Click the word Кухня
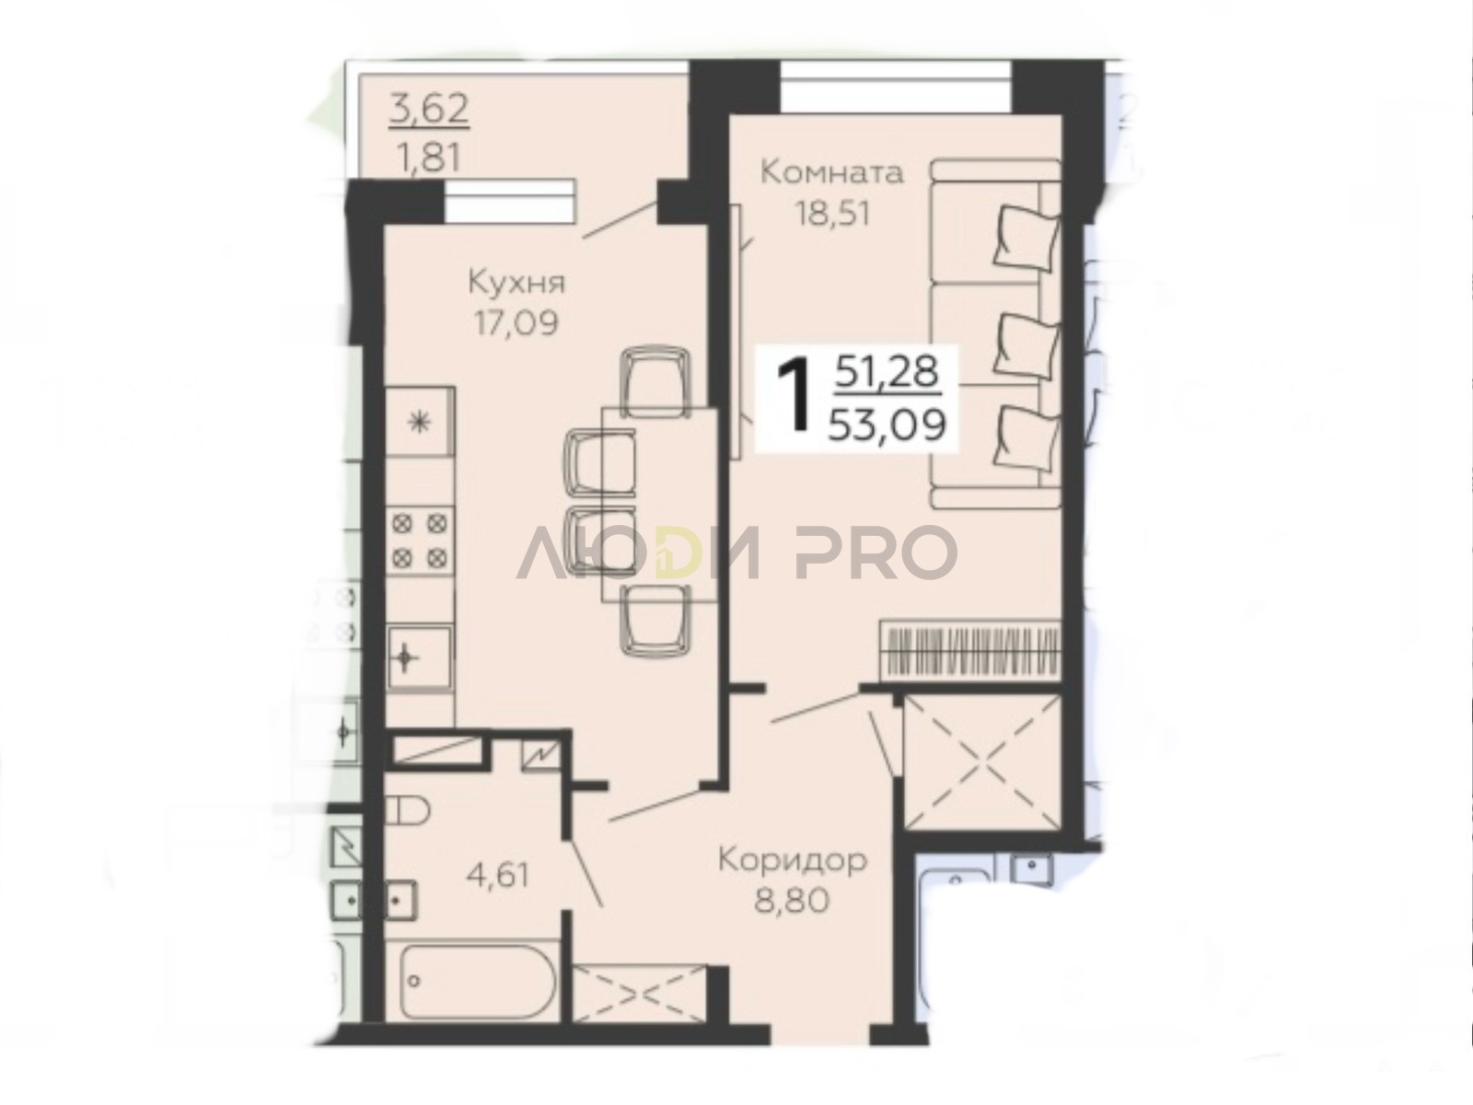click(x=516, y=283)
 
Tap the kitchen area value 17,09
click(x=516, y=323)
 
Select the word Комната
click(x=831, y=172)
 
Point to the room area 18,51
click(x=832, y=214)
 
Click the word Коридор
click(x=793, y=861)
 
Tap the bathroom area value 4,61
click(x=497, y=875)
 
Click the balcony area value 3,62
click(x=428, y=110)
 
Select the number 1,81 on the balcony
click(x=428, y=159)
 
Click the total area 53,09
click(x=887, y=425)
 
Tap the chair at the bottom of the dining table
click(x=655, y=619)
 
